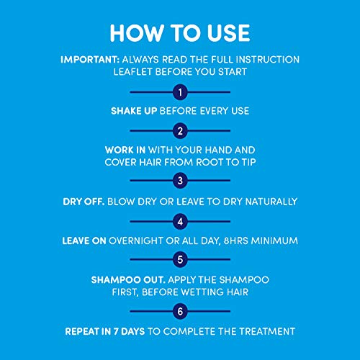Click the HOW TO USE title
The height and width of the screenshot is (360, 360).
pyautogui.click(x=180, y=34)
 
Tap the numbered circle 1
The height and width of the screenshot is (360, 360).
pyautogui.click(x=180, y=92)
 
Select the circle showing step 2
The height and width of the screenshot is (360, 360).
pyautogui.click(x=180, y=131)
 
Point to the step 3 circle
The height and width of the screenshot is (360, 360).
pyautogui.click(x=180, y=181)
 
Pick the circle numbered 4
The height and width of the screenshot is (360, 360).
pyautogui.click(x=180, y=220)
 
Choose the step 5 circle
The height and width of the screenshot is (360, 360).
pyautogui.click(x=180, y=258)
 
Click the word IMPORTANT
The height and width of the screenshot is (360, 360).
pyautogui.click(x=87, y=59)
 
